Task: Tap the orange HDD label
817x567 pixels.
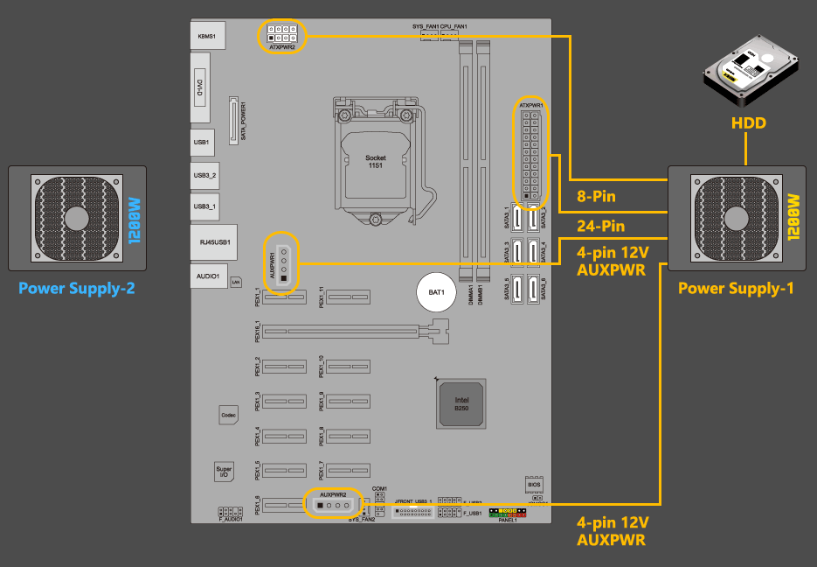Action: tap(748, 123)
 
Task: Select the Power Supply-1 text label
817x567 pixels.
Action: tap(736, 288)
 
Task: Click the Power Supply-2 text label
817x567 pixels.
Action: tap(77, 288)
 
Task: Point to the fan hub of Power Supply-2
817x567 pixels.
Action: tap(76, 217)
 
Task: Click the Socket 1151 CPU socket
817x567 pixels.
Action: tap(375, 162)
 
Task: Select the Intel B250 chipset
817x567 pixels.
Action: tap(460, 402)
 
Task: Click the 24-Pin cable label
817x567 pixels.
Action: tap(601, 227)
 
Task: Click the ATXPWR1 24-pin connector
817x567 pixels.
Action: tap(531, 148)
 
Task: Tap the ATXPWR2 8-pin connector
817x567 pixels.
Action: tap(282, 36)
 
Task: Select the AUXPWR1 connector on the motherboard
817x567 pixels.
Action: tap(283, 262)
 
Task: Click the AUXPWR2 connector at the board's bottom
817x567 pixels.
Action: tap(333, 505)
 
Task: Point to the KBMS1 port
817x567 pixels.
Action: tap(206, 37)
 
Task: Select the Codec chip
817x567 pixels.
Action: tap(228, 415)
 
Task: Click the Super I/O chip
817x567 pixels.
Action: tap(224, 472)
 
